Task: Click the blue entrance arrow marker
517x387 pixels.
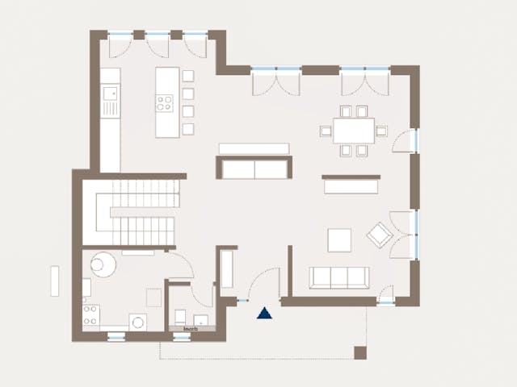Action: (264, 313)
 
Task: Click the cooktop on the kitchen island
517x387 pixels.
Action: (165, 102)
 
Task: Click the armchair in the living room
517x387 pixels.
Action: (378, 235)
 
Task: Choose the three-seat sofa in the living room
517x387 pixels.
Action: (340, 277)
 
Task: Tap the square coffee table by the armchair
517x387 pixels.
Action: (339, 240)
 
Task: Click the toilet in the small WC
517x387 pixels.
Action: (181, 317)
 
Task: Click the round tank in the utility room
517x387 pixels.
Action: (103, 264)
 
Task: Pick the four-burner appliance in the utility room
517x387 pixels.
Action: (90, 314)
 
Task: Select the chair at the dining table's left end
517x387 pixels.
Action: (326, 131)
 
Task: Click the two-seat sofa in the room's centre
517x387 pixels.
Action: (254, 169)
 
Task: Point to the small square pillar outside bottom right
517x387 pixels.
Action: (360, 352)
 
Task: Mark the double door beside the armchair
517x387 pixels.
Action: (404, 235)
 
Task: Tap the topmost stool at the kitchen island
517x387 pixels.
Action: (188, 76)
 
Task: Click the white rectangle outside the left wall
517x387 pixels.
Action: (55, 281)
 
